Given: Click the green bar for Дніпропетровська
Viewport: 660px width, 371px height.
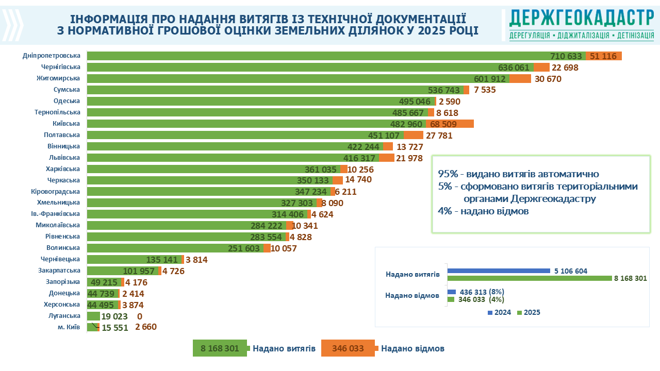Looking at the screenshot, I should [x=309, y=56].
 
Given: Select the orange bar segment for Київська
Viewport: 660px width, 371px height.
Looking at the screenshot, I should [x=449, y=124].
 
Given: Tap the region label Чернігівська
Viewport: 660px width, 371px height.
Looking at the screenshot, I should [x=61, y=67].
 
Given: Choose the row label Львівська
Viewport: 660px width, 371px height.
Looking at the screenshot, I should [x=64, y=158].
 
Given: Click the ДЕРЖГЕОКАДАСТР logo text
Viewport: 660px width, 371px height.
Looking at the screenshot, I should [x=581, y=18].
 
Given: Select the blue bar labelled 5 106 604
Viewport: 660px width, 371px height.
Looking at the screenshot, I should [x=499, y=271].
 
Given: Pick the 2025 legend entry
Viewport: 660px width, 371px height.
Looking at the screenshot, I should [x=529, y=312].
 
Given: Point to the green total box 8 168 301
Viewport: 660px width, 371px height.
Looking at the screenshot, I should [x=220, y=348].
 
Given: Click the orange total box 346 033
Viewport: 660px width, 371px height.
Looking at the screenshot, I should [x=348, y=348].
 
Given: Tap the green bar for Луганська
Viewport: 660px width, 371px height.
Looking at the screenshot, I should [x=93, y=316].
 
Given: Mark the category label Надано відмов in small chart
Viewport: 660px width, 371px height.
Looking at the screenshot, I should [x=412, y=295].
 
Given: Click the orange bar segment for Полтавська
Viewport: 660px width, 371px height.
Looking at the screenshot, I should [x=414, y=135].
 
